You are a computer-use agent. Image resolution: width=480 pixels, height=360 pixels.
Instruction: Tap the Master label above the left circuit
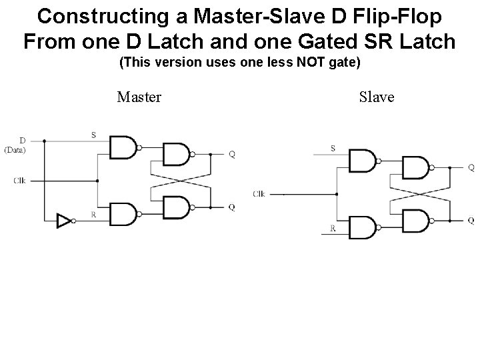(139, 97)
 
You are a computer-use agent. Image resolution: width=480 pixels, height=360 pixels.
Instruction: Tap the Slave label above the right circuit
(377, 97)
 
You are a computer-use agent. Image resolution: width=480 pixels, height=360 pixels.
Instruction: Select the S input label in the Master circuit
(93, 135)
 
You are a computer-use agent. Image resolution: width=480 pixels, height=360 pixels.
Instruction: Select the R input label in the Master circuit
(93, 213)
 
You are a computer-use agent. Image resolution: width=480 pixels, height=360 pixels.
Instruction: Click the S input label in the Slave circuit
(333, 149)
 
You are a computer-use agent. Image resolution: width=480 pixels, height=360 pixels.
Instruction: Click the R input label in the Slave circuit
(333, 228)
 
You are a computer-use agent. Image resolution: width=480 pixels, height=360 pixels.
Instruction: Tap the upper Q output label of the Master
(231, 155)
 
